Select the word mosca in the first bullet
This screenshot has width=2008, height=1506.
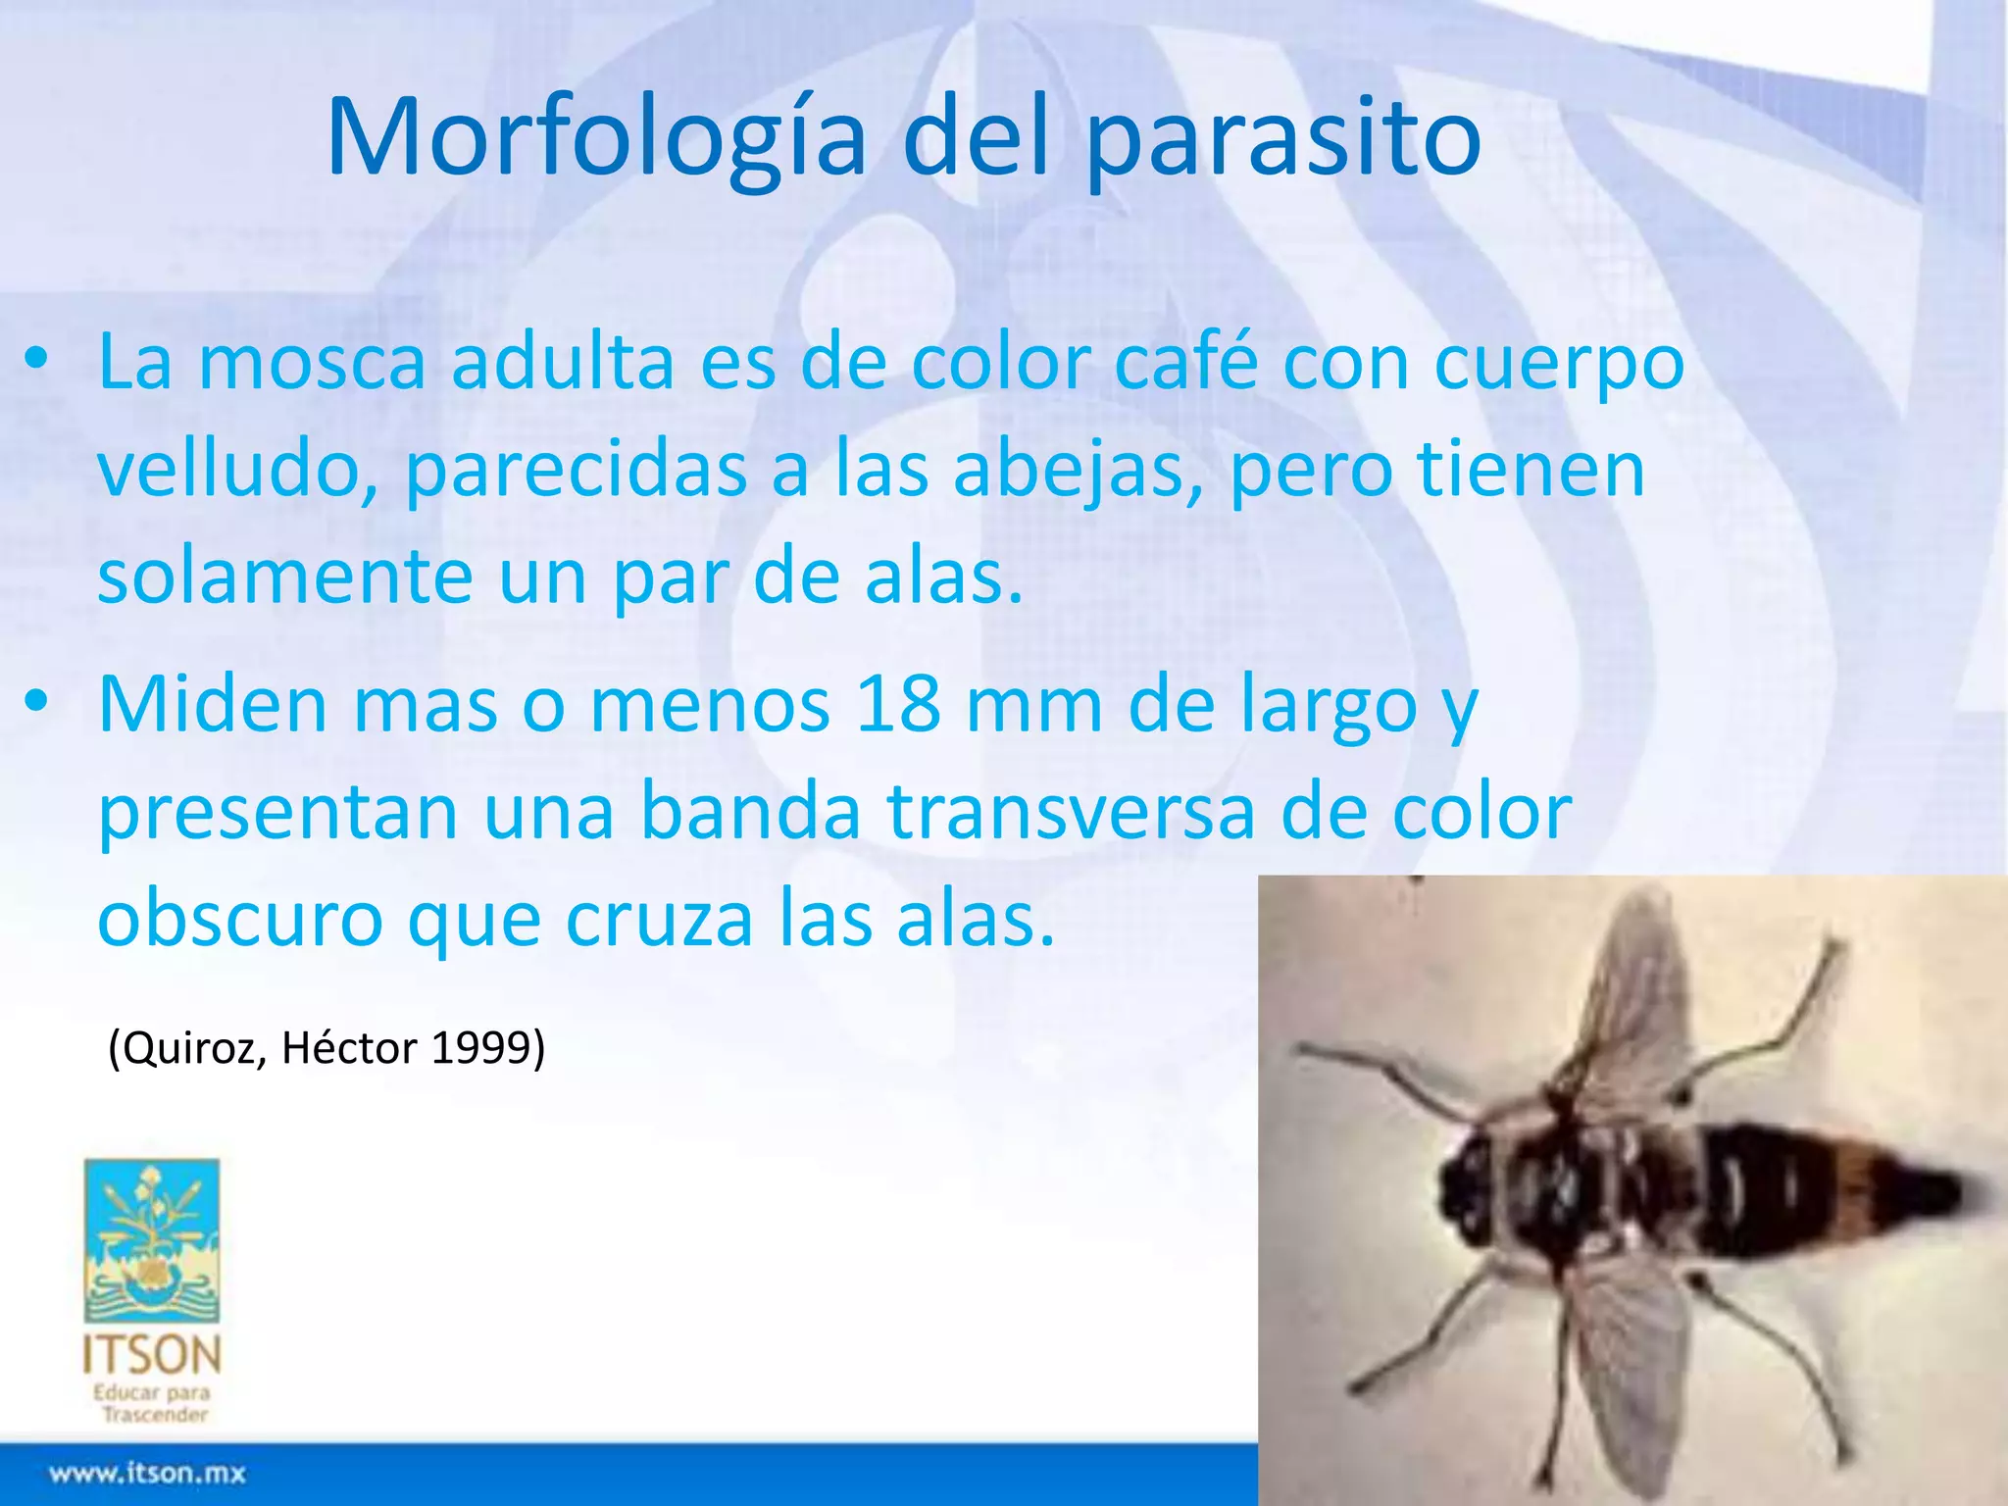click(312, 363)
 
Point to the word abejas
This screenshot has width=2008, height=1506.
click(1077, 471)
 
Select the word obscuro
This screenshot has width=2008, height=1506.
click(240, 920)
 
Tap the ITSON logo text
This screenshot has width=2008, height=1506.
click(152, 1355)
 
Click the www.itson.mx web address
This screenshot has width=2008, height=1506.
click(147, 1474)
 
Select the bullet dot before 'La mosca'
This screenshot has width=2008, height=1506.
click(36, 361)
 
